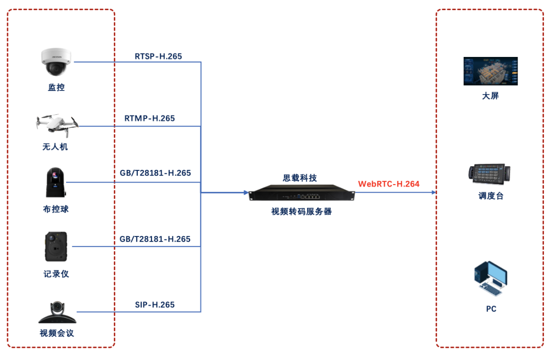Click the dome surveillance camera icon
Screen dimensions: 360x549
pyautogui.click(x=57, y=62)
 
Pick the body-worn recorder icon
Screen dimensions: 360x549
pyautogui.click(x=55, y=247)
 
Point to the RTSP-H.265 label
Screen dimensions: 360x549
pyautogui.click(x=158, y=56)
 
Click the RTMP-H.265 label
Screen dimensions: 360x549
pyautogui.click(x=149, y=118)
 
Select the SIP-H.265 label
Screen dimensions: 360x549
pyautogui.click(x=155, y=305)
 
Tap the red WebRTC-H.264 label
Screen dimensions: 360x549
pyautogui.click(x=389, y=184)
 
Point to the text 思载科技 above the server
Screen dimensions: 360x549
pyautogui.click(x=300, y=178)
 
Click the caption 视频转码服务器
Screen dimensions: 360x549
pyautogui.click(x=301, y=212)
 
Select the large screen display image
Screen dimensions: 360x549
pyautogui.click(x=491, y=71)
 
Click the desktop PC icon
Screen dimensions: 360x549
pyautogui.click(x=490, y=279)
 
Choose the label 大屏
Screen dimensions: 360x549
pyautogui.click(x=491, y=96)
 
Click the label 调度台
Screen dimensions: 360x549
pyautogui.click(x=491, y=196)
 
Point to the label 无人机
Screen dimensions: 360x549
pyautogui.click(x=55, y=147)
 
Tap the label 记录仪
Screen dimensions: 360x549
pyautogui.click(x=56, y=274)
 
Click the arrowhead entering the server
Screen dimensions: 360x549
pyautogui.click(x=246, y=193)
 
